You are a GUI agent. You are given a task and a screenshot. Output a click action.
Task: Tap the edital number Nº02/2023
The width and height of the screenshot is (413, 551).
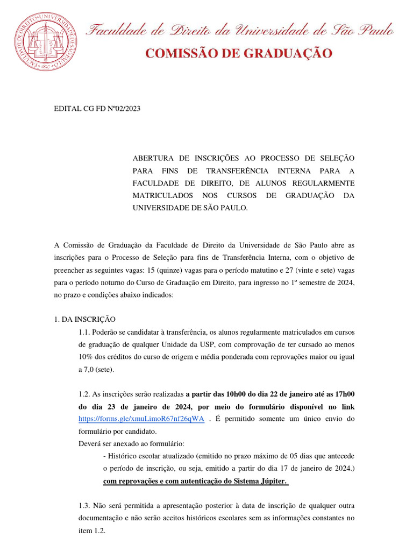click(x=124, y=109)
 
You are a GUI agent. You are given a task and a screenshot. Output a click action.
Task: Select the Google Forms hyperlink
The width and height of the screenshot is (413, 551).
click(x=141, y=419)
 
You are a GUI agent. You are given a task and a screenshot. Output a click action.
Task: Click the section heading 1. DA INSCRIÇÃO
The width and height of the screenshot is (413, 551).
click(x=85, y=319)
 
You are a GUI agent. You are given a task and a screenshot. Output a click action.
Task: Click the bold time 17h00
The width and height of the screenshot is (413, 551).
click(x=343, y=394)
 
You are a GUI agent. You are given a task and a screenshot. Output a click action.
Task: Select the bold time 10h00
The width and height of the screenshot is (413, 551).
click(x=233, y=394)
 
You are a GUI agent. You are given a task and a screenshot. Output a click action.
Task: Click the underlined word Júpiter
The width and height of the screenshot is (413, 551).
click(x=272, y=481)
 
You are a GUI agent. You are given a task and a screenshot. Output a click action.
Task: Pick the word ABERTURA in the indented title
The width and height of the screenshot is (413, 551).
click(x=153, y=158)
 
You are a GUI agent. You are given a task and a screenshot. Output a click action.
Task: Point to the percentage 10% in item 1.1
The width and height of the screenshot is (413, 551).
click(x=86, y=357)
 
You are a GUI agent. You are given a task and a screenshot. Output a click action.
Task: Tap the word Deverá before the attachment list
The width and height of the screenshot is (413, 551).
click(x=90, y=443)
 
